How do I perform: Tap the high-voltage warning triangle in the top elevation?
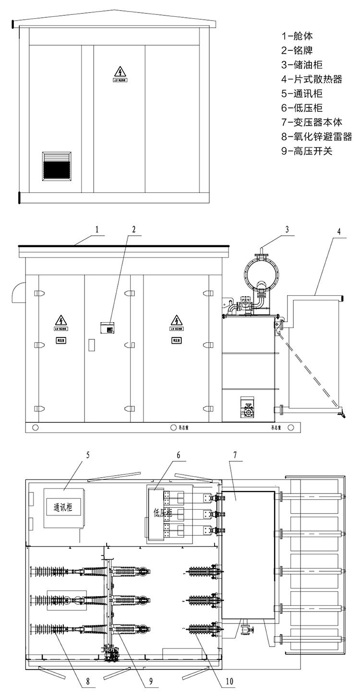[119, 72]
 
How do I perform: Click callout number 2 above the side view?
[134, 229]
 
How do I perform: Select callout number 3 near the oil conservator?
[287, 229]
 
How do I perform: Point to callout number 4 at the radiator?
[339, 231]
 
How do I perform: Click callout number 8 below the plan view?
[88, 681]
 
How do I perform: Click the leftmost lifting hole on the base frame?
[35, 427]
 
